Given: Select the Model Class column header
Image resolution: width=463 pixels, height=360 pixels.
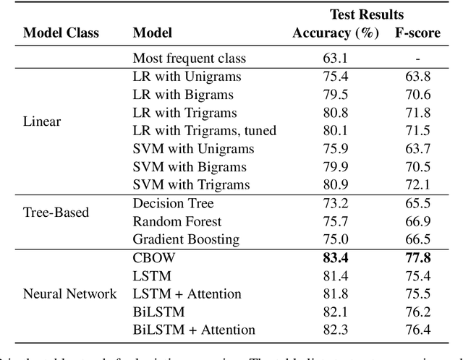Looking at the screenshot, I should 61,33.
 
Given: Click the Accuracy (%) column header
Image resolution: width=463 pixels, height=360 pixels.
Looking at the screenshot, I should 336,33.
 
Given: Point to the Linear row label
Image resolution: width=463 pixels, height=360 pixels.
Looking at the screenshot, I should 42,121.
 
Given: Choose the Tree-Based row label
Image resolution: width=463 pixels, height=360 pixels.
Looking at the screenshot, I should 56,213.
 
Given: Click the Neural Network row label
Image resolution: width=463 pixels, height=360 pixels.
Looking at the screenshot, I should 69,293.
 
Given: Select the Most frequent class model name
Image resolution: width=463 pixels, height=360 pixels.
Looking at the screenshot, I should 190,59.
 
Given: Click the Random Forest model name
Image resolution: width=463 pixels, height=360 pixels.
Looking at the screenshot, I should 177,221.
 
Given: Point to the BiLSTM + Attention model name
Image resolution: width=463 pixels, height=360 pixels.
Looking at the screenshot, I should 194,330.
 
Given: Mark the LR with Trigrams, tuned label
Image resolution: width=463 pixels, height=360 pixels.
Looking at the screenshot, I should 205,131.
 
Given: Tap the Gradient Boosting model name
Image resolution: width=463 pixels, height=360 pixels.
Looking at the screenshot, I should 186,239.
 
